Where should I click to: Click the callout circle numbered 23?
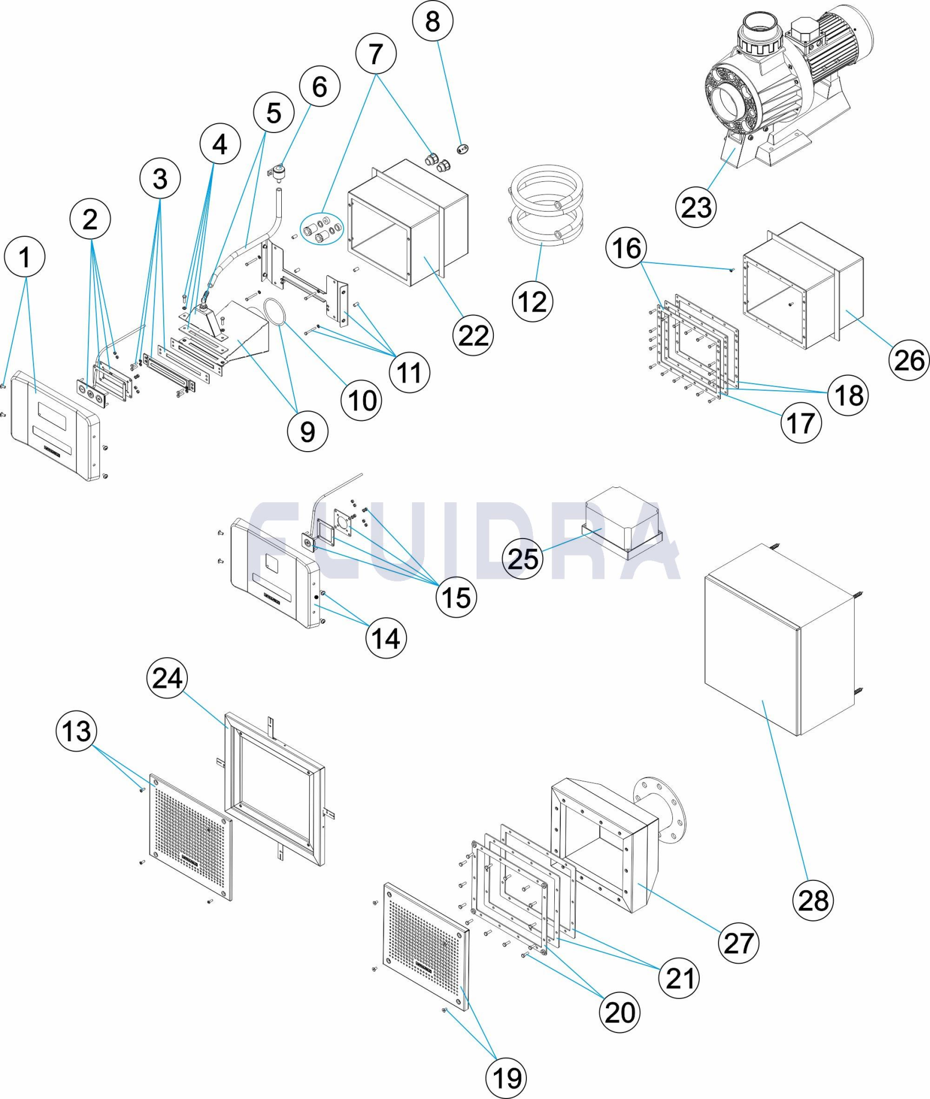696,208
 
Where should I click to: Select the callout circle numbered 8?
432,21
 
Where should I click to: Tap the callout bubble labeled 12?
532,302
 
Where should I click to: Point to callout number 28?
812,901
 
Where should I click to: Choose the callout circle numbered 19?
506,1078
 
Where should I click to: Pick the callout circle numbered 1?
24,257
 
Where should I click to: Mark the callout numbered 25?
522,559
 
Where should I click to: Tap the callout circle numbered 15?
456,597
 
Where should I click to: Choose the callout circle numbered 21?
679,978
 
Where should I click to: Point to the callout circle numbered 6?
320,87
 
